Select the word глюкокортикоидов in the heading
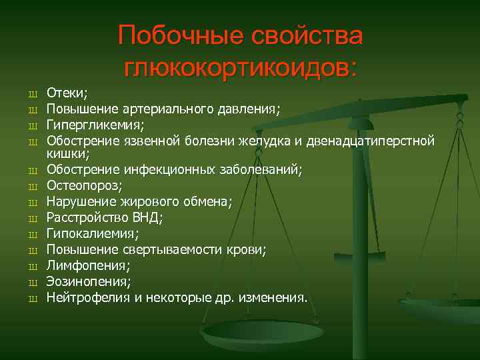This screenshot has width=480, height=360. [x=241, y=67]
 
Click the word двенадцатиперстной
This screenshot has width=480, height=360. [x=378, y=140]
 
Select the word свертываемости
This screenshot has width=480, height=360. [x=181, y=249]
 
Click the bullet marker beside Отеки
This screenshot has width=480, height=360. [x=31, y=95]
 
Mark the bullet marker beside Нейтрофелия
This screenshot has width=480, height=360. [x=31, y=297]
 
